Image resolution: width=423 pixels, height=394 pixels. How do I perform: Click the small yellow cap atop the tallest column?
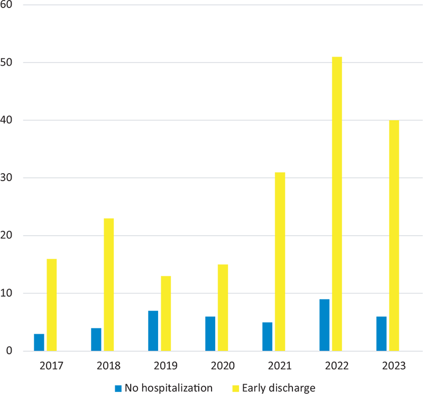[337, 45]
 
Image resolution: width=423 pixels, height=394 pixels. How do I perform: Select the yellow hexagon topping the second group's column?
[108, 212]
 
